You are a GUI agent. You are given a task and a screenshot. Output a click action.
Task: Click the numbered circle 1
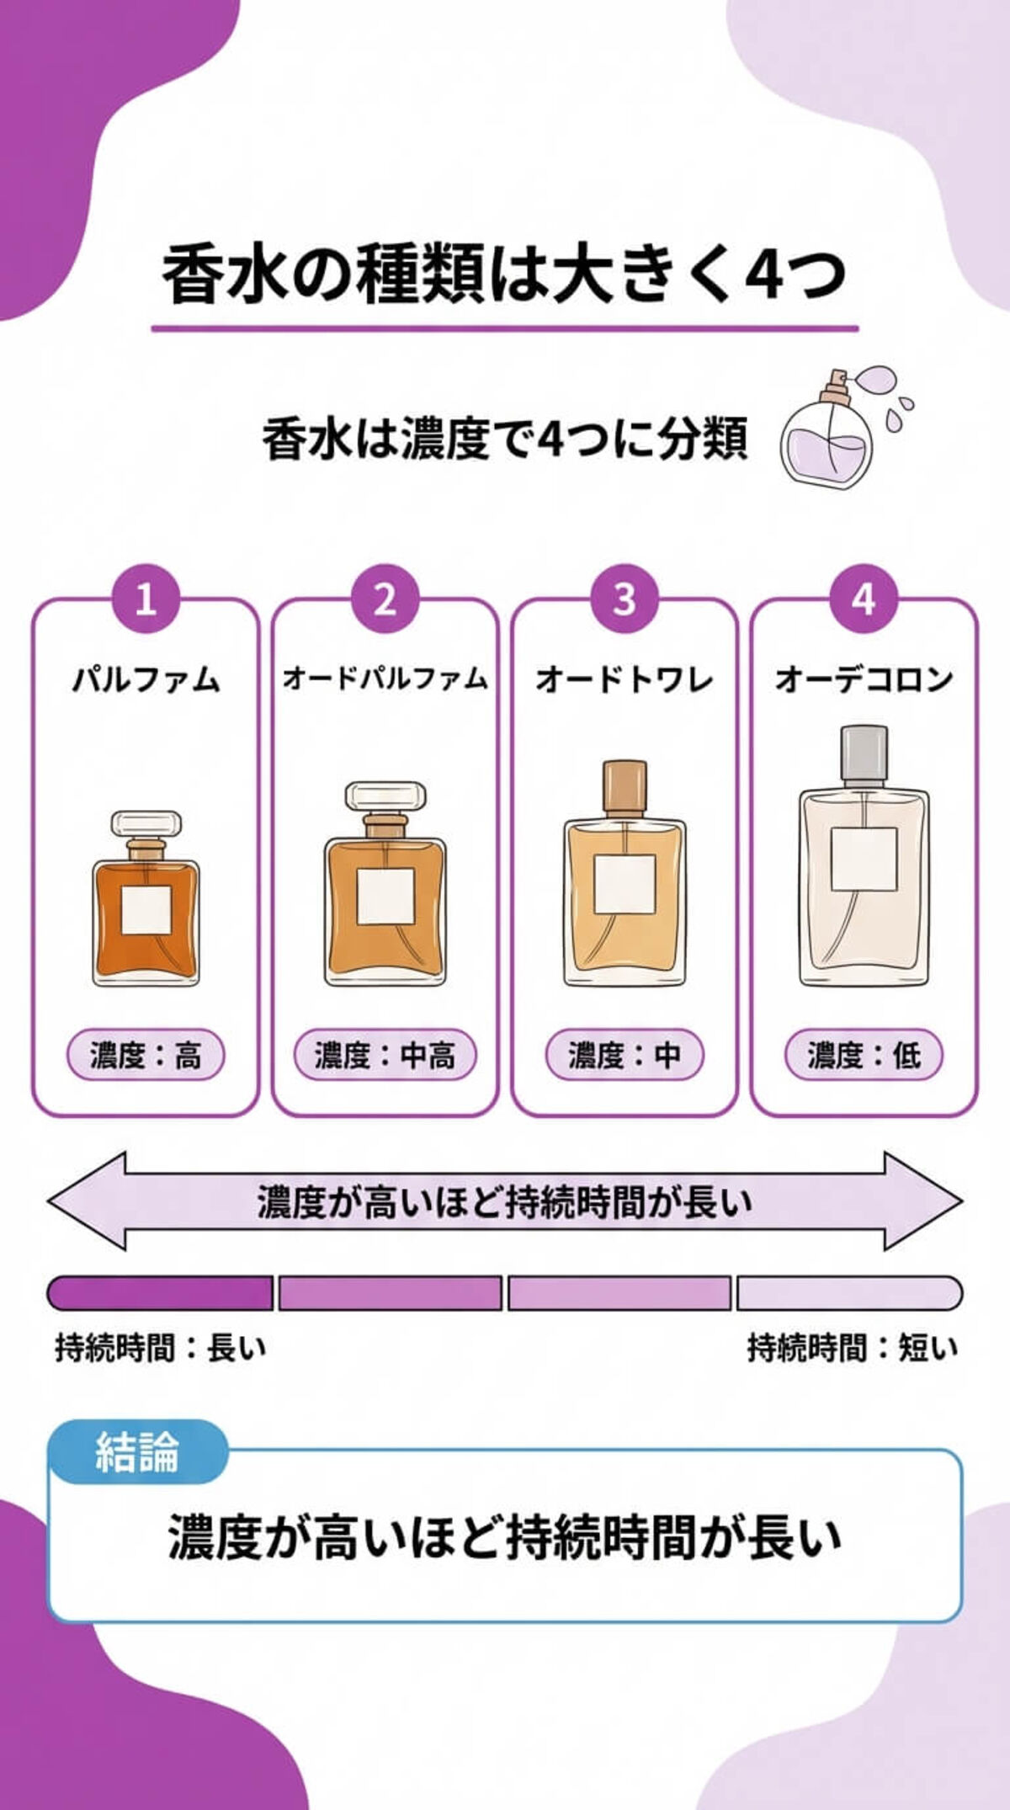point(146,599)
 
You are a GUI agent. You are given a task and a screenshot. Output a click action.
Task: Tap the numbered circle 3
point(624,599)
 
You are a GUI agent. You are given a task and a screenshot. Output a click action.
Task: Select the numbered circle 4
point(864,599)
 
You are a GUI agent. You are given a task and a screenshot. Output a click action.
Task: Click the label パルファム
point(146,679)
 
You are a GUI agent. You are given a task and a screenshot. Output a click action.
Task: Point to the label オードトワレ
point(624,679)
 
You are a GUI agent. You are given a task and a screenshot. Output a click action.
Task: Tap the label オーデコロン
point(864,679)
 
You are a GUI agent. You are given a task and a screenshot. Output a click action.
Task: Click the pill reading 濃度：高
point(146,1055)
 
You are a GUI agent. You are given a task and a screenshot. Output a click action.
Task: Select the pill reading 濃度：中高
point(385,1055)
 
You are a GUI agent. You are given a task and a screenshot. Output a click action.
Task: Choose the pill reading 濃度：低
point(864,1055)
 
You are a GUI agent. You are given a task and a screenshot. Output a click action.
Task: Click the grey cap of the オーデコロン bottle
point(864,753)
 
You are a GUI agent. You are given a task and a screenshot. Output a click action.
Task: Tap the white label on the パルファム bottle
point(146,909)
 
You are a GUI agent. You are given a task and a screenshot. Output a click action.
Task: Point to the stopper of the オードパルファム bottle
point(385,796)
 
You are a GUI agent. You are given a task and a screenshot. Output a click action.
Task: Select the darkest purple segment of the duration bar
point(160,1293)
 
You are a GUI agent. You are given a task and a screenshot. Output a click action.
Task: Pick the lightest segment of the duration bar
point(848,1293)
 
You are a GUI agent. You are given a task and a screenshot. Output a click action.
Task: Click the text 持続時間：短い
point(852,1348)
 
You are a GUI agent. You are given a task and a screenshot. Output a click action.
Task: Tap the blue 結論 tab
point(137,1452)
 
